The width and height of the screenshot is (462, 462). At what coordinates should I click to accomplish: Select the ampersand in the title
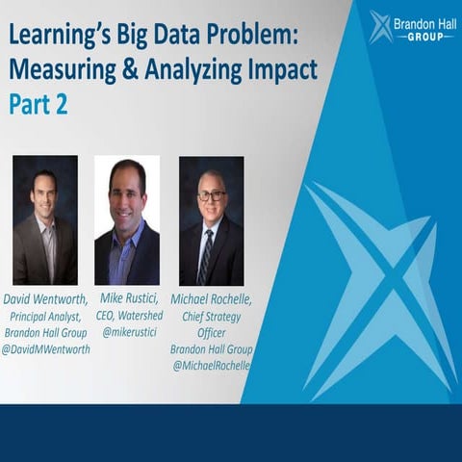113,70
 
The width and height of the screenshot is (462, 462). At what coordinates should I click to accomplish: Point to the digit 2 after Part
61,103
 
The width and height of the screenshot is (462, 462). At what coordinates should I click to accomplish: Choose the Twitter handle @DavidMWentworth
46,348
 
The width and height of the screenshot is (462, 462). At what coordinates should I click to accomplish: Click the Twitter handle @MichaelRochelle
211,365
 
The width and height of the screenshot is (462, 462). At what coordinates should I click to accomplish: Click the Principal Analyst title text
46,315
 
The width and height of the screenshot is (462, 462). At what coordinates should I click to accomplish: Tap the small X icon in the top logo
380,26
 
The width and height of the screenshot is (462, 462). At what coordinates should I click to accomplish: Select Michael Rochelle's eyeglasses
212,195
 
